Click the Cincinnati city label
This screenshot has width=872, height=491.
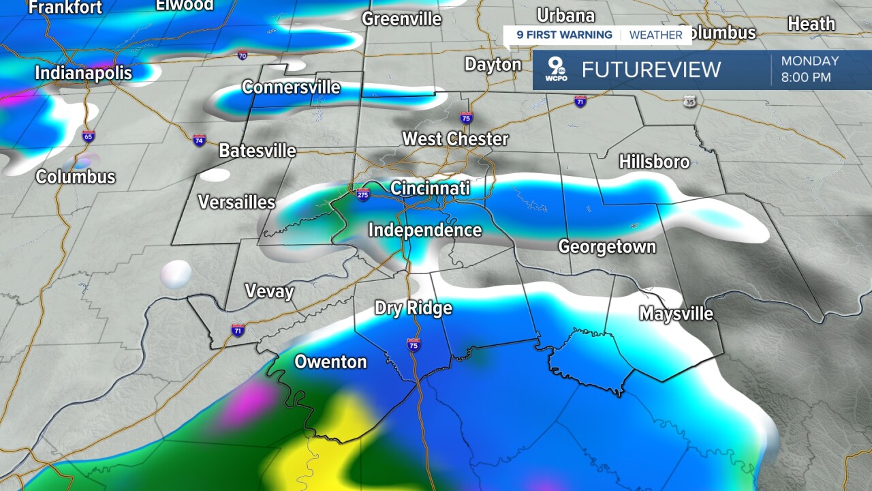[430, 188]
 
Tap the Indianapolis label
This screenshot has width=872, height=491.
[83, 73]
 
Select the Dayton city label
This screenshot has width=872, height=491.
[493, 65]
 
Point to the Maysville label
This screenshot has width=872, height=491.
[676, 314]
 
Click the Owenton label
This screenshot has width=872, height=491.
[330, 362]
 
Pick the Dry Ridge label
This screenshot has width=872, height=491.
[414, 308]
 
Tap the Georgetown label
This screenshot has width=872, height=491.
[607, 247]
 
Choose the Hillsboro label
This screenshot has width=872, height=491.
[654, 162]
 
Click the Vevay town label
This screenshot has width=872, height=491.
[269, 293]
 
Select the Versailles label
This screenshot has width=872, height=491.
[236, 203]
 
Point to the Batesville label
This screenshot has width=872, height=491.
[258, 151]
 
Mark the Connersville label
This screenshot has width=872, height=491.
[291, 87]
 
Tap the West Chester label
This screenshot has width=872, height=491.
[455, 139]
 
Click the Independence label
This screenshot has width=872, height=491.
[425, 230]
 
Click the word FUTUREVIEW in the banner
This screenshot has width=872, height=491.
[651, 70]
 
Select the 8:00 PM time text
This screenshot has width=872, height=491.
[806, 77]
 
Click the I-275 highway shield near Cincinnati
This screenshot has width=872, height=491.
[363, 194]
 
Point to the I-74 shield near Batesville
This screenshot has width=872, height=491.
[199, 140]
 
